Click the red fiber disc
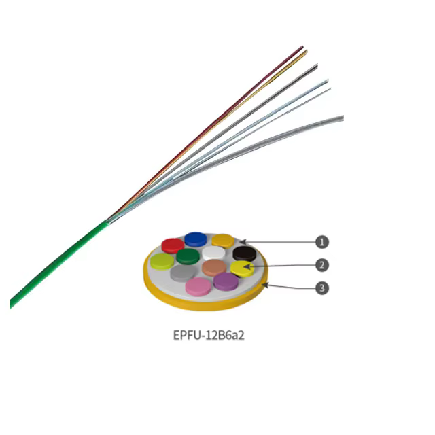pos(173,245)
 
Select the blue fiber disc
pos(196,240)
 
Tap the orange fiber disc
pos(223,241)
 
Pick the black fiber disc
pos(245,254)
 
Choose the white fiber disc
pos(213,253)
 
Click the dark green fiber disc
pos(188,256)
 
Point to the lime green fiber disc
pos(162,261)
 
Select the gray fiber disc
pos(182,273)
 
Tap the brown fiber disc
pos(214,268)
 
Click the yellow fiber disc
pos(242,268)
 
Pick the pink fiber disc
pos(198,286)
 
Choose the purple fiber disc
pos(226,281)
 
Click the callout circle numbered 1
pos(321,242)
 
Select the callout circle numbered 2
pos(321,265)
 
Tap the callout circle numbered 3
pos(321,288)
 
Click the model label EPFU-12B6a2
pos(209,335)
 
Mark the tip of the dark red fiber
pos(302,46)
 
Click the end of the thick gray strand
pos(343,118)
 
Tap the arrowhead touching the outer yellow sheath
pos(265,285)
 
